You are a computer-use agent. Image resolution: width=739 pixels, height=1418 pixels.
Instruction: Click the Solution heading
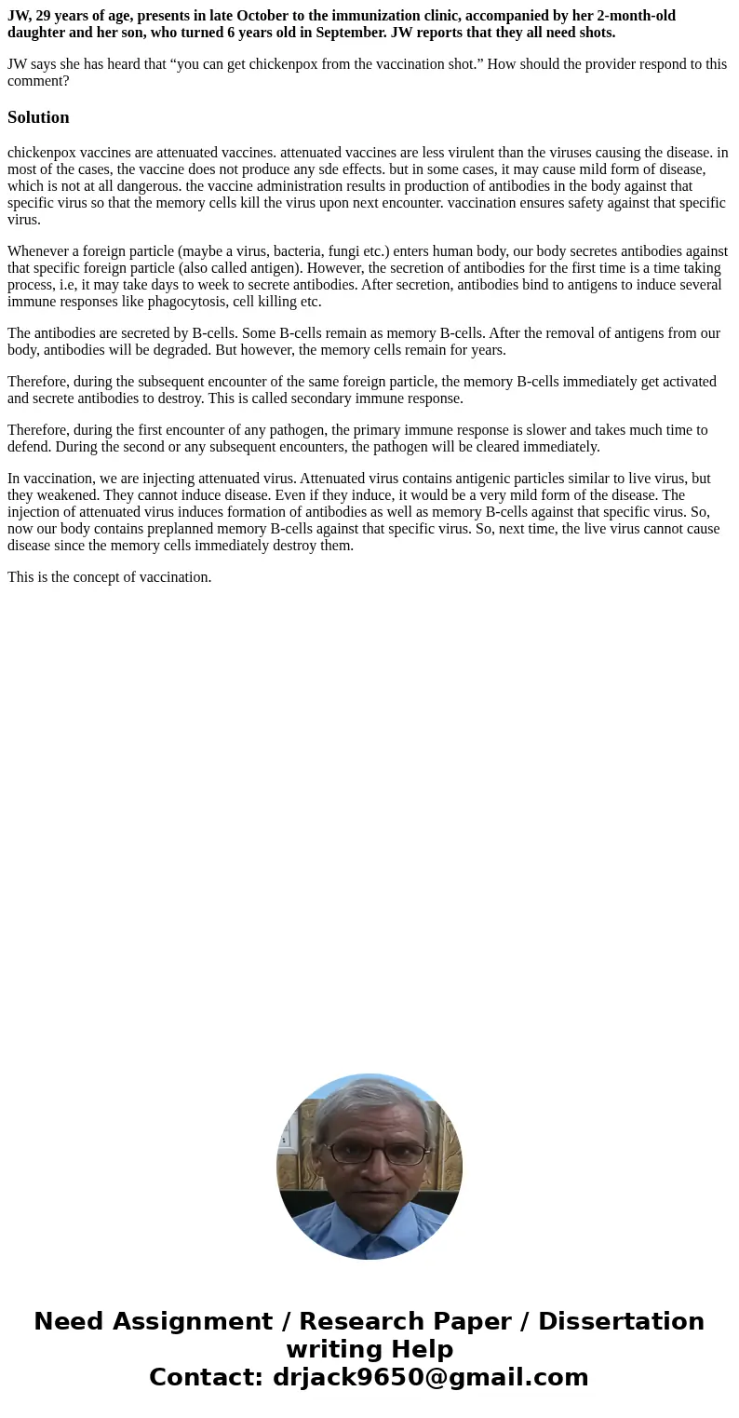click(38, 117)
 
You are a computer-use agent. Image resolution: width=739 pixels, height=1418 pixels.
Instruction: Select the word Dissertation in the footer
click(621, 1322)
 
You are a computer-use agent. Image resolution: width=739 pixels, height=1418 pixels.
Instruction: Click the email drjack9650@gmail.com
click(430, 1378)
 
